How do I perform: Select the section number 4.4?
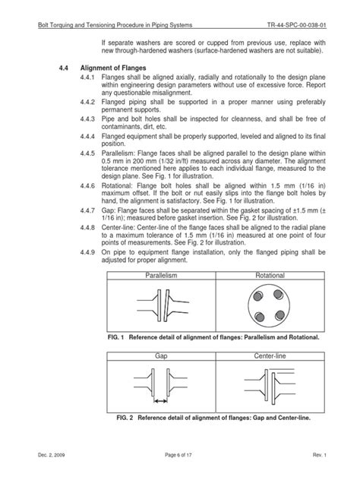point(64,68)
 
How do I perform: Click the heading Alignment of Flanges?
point(113,68)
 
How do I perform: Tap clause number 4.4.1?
point(88,78)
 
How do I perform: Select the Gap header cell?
point(160,356)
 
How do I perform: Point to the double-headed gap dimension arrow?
point(160,402)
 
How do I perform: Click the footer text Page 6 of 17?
point(180,474)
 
